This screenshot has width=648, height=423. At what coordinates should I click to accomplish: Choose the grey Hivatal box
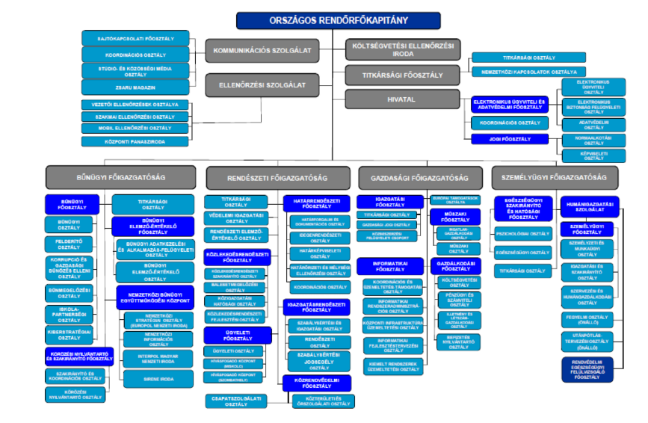click(403, 99)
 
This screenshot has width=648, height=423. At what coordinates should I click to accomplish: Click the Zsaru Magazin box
click(125, 87)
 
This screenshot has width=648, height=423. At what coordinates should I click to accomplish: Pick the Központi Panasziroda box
click(125, 141)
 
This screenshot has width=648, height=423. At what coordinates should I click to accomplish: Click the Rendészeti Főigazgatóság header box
click(277, 178)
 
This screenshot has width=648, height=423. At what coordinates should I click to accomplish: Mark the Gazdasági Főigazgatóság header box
click(419, 178)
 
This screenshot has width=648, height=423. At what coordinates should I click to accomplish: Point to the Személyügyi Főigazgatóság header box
click(555, 177)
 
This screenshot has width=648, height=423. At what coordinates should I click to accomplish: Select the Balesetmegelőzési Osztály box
click(235, 287)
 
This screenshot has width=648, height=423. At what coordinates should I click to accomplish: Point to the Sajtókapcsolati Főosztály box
click(125, 37)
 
